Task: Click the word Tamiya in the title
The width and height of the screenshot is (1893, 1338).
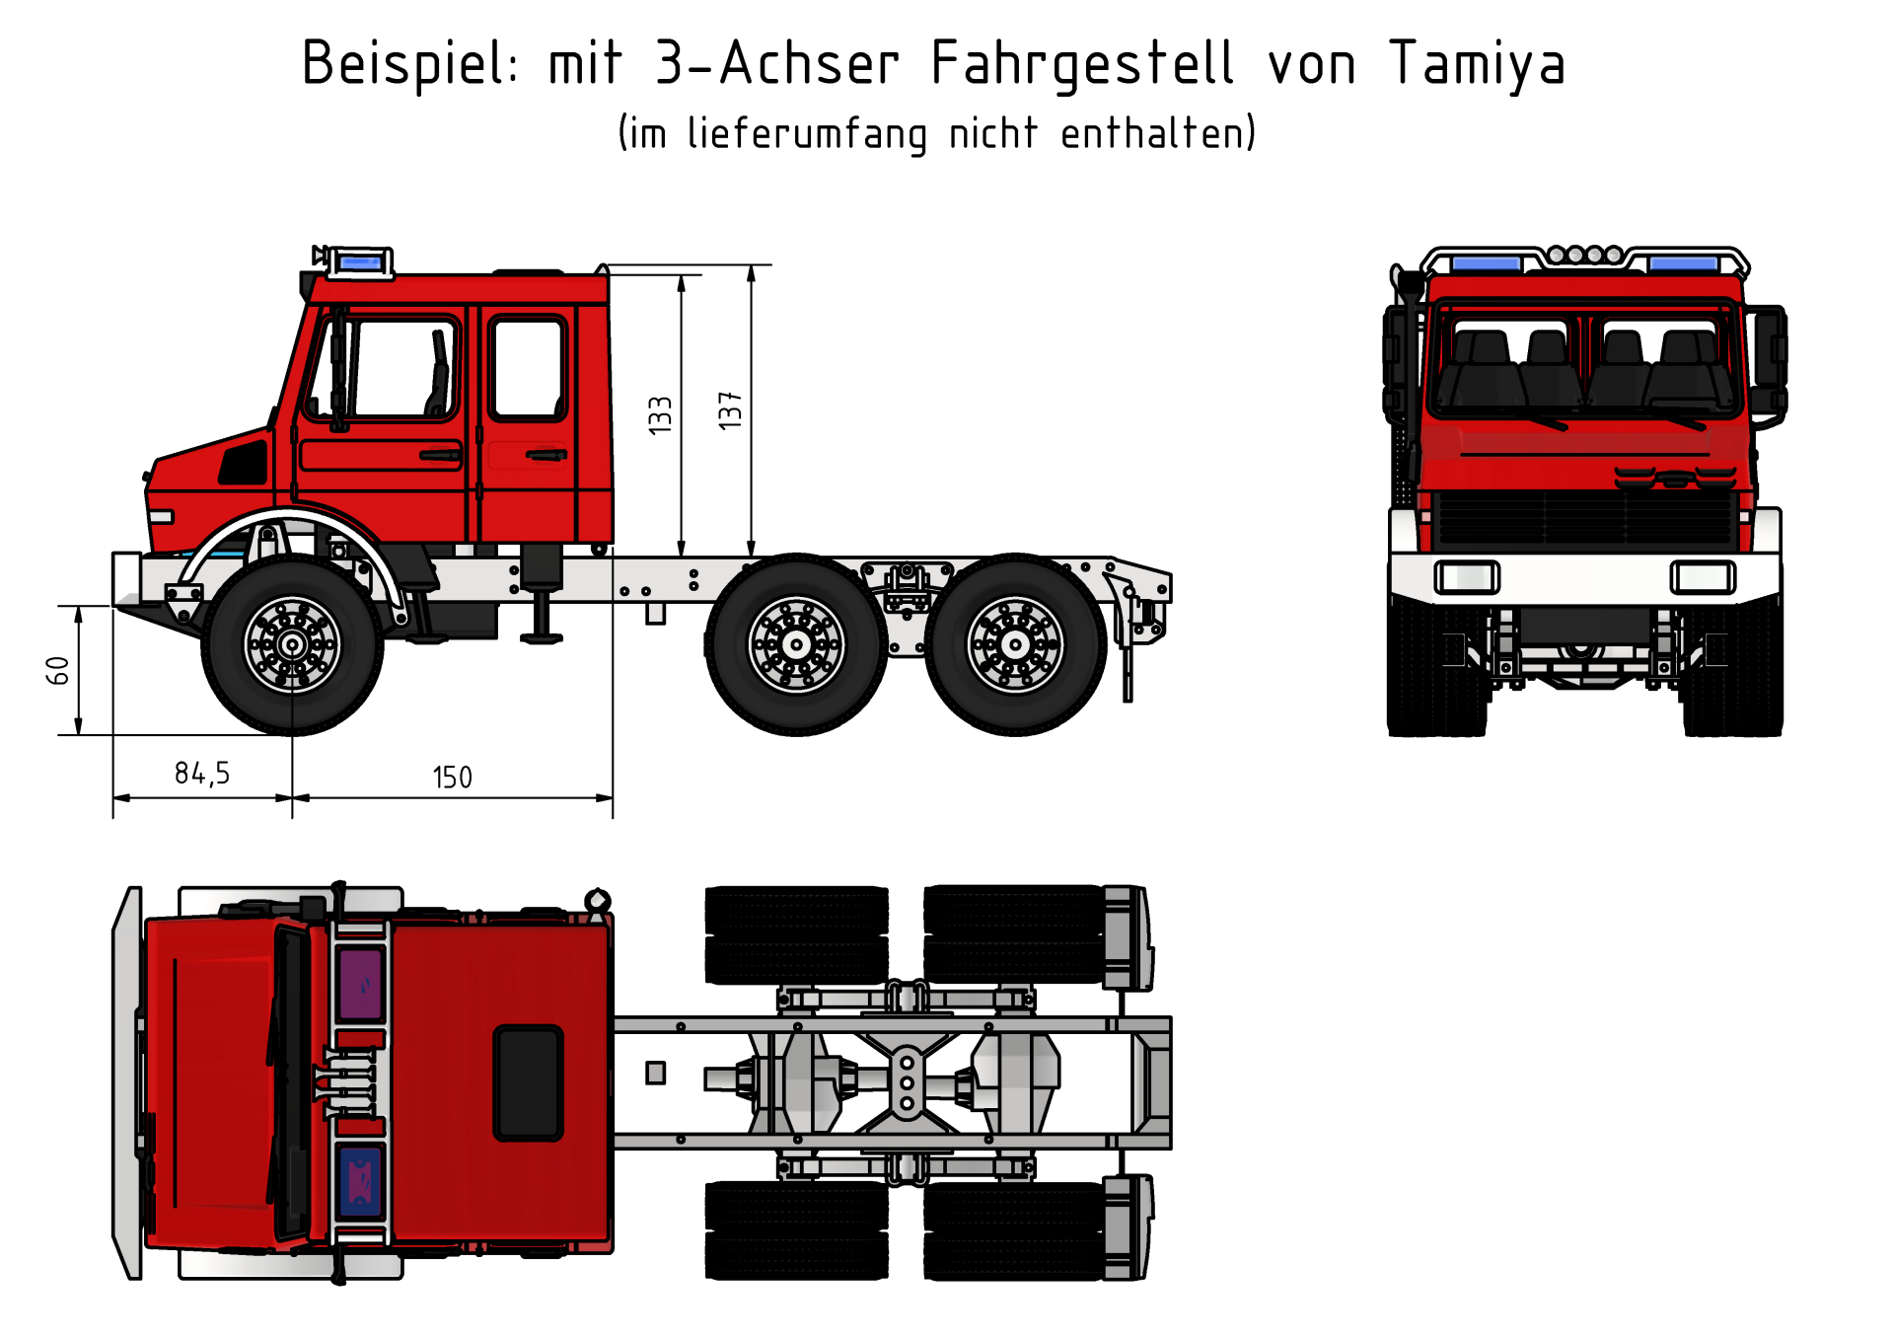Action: pos(1477,64)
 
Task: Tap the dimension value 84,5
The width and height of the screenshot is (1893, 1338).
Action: pos(202,774)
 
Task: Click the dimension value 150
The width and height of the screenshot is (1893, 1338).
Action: pos(453,778)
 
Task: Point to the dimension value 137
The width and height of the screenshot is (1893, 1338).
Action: pos(730,409)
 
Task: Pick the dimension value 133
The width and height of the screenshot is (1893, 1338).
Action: pos(660,414)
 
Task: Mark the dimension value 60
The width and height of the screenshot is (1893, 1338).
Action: pos(58,671)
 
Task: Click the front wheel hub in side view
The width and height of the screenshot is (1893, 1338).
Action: pos(292,645)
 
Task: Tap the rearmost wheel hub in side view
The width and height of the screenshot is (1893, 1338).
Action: pos(1015,645)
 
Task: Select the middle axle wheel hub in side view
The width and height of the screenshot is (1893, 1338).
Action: pos(797,645)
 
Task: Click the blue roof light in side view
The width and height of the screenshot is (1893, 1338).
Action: pos(359,262)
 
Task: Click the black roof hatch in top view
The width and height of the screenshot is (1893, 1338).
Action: pos(529,1082)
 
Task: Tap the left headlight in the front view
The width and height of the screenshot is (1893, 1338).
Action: pos(1467,577)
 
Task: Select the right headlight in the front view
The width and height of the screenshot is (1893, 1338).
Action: pos(1703,577)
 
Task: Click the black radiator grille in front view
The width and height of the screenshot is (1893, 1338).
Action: pos(1585,519)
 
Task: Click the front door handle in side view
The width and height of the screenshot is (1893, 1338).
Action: pos(441,455)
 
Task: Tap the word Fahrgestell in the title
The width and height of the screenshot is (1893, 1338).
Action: pos(1082,64)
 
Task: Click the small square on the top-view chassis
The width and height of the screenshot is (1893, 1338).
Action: pos(656,1073)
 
